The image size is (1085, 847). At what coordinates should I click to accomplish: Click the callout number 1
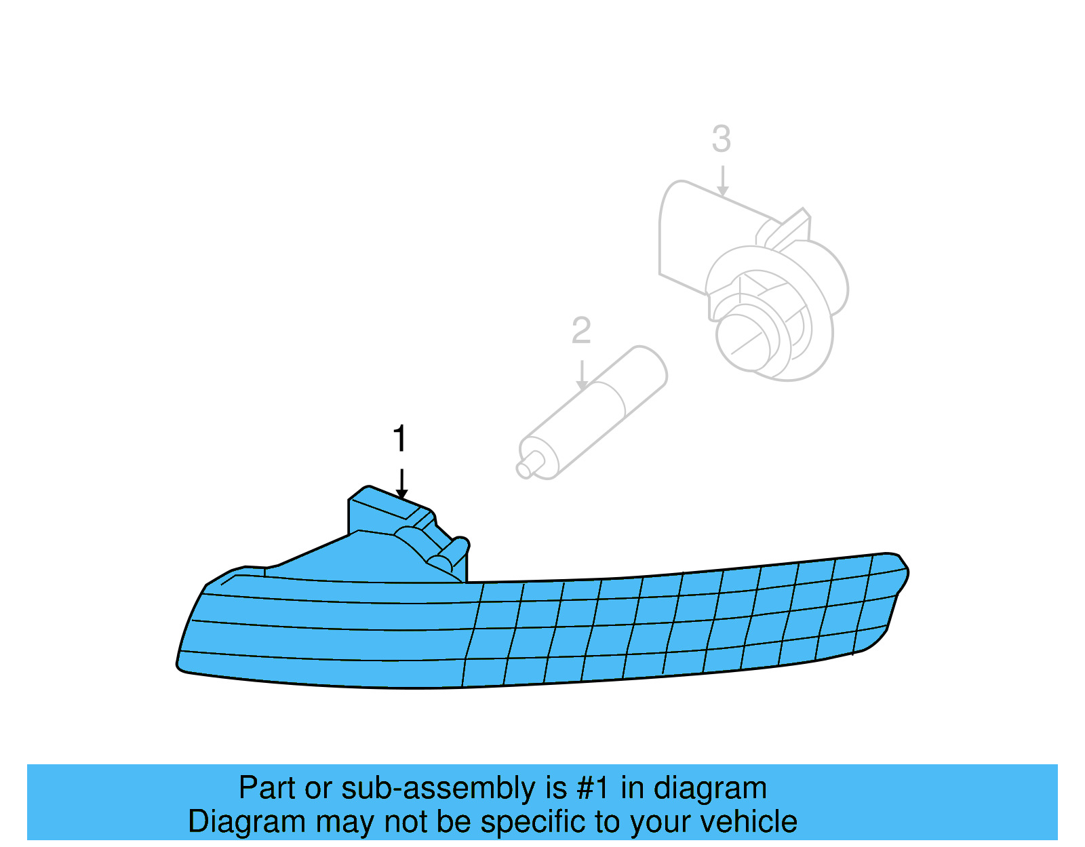tap(400, 439)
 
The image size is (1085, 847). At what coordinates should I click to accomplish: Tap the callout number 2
tap(581, 331)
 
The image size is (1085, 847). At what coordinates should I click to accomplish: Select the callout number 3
tap(722, 139)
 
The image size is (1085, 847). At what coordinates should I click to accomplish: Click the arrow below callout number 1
tap(401, 484)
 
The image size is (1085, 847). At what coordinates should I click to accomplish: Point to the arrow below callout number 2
tap(582, 375)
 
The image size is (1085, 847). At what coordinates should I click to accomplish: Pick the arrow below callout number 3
tap(723, 181)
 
